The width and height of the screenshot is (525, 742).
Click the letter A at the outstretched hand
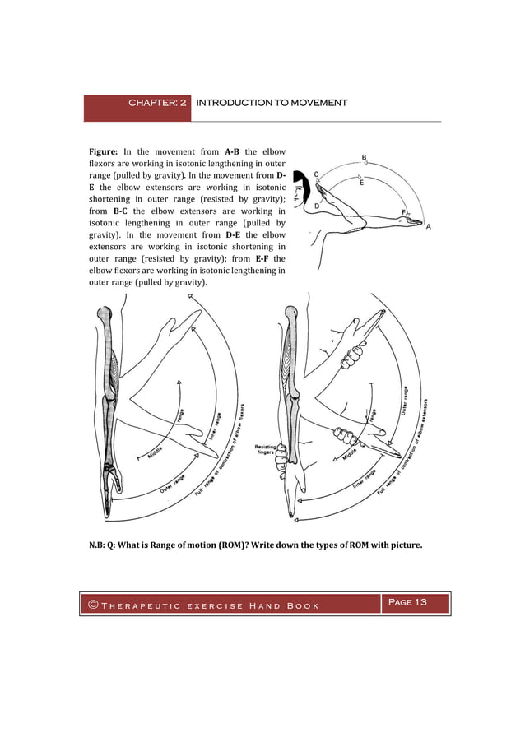tap(430, 227)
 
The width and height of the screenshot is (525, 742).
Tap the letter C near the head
tap(317, 174)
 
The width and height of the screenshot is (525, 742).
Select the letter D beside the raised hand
tap(318, 206)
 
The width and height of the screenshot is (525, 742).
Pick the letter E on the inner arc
tap(362, 183)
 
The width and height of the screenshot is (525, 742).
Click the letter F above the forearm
tap(403, 212)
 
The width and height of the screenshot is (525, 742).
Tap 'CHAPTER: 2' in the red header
tap(158, 103)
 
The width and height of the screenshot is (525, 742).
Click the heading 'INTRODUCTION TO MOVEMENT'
tap(272, 103)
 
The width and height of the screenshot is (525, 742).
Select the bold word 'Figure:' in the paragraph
tap(104, 152)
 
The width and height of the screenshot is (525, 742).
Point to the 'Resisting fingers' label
tap(270, 449)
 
